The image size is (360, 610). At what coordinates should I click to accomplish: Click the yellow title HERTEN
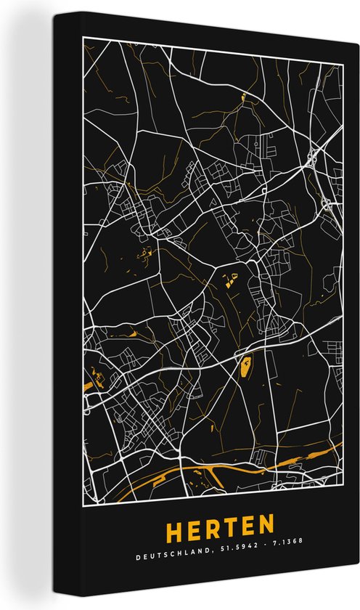[218, 524]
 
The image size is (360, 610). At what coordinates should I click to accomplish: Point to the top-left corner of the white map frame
[83, 35]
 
